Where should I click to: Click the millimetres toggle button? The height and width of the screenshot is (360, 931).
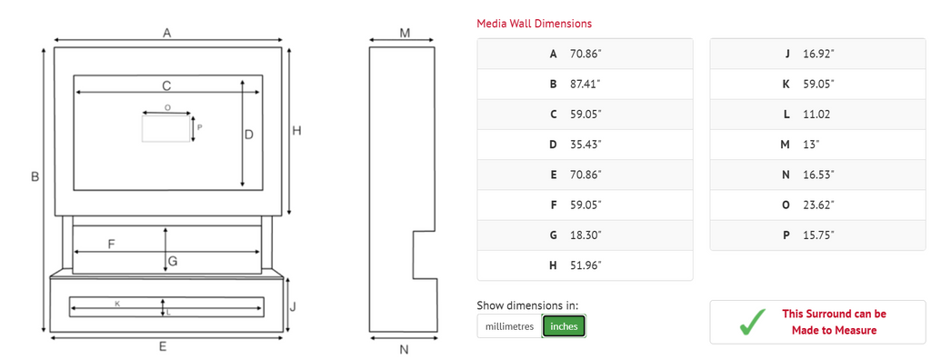pyautogui.click(x=509, y=326)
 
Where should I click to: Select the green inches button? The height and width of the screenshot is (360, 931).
pyautogui.click(x=564, y=326)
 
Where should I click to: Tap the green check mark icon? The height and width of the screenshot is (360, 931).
pyautogui.click(x=751, y=322)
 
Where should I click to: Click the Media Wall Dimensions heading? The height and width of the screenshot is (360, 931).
pyautogui.click(x=534, y=24)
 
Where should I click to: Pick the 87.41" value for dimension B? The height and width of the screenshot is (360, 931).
pyautogui.click(x=585, y=84)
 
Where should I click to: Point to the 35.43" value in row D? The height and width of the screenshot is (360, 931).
pyautogui.click(x=585, y=145)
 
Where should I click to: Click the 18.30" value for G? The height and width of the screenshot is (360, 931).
pyautogui.click(x=585, y=235)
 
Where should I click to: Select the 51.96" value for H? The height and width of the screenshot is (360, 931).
pyautogui.click(x=585, y=265)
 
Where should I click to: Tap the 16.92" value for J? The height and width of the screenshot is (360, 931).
pyautogui.click(x=818, y=54)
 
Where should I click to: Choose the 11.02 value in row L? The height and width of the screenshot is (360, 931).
pyautogui.click(x=816, y=114)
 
